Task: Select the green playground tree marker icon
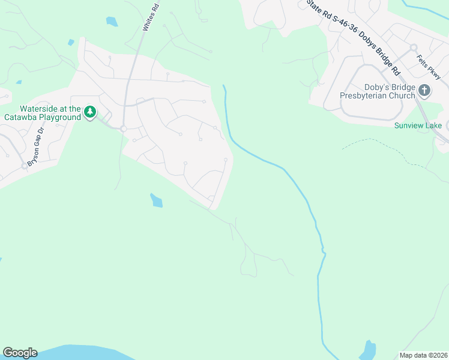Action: point(90,112)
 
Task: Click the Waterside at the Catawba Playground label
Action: point(50,113)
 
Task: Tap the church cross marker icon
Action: point(424,91)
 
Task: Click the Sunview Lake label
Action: point(418,125)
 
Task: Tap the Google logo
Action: point(20,353)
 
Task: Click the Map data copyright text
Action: point(424,355)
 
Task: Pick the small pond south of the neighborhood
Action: point(156,200)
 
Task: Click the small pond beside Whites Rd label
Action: point(112,22)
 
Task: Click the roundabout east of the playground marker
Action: point(122,129)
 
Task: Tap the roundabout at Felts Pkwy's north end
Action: point(414,47)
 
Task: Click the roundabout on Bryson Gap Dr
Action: point(25,165)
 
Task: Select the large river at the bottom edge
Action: point(78,353)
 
